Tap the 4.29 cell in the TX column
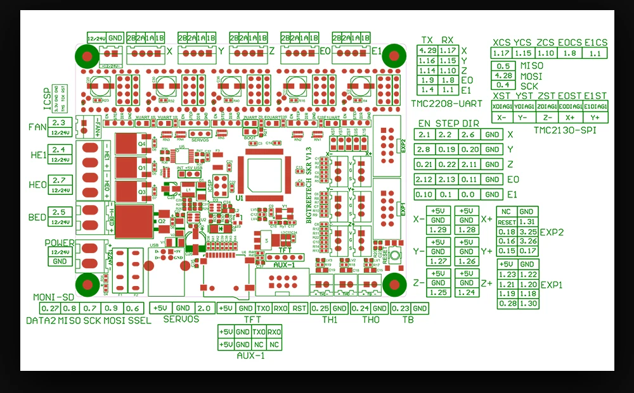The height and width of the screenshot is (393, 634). (427, 50)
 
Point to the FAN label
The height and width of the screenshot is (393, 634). (38, 127)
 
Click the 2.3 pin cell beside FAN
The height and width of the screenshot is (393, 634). (59, 123)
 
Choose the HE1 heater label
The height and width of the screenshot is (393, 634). (38, 155)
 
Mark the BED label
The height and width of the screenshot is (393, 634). (37, 217)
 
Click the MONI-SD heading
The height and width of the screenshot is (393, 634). (55, 297)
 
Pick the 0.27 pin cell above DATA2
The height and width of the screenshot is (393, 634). (49, 308)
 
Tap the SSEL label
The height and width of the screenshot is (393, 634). (139, 321)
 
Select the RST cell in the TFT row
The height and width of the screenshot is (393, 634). (299, 308)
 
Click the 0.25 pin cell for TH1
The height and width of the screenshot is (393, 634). (320, 308)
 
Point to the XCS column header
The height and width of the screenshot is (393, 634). (501, 42)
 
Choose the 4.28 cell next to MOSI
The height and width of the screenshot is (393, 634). (503, 75)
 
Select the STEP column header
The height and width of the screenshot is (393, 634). (446, 123)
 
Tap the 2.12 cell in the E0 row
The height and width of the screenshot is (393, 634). (424, 179)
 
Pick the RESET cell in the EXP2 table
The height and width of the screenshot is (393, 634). (507, 222)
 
